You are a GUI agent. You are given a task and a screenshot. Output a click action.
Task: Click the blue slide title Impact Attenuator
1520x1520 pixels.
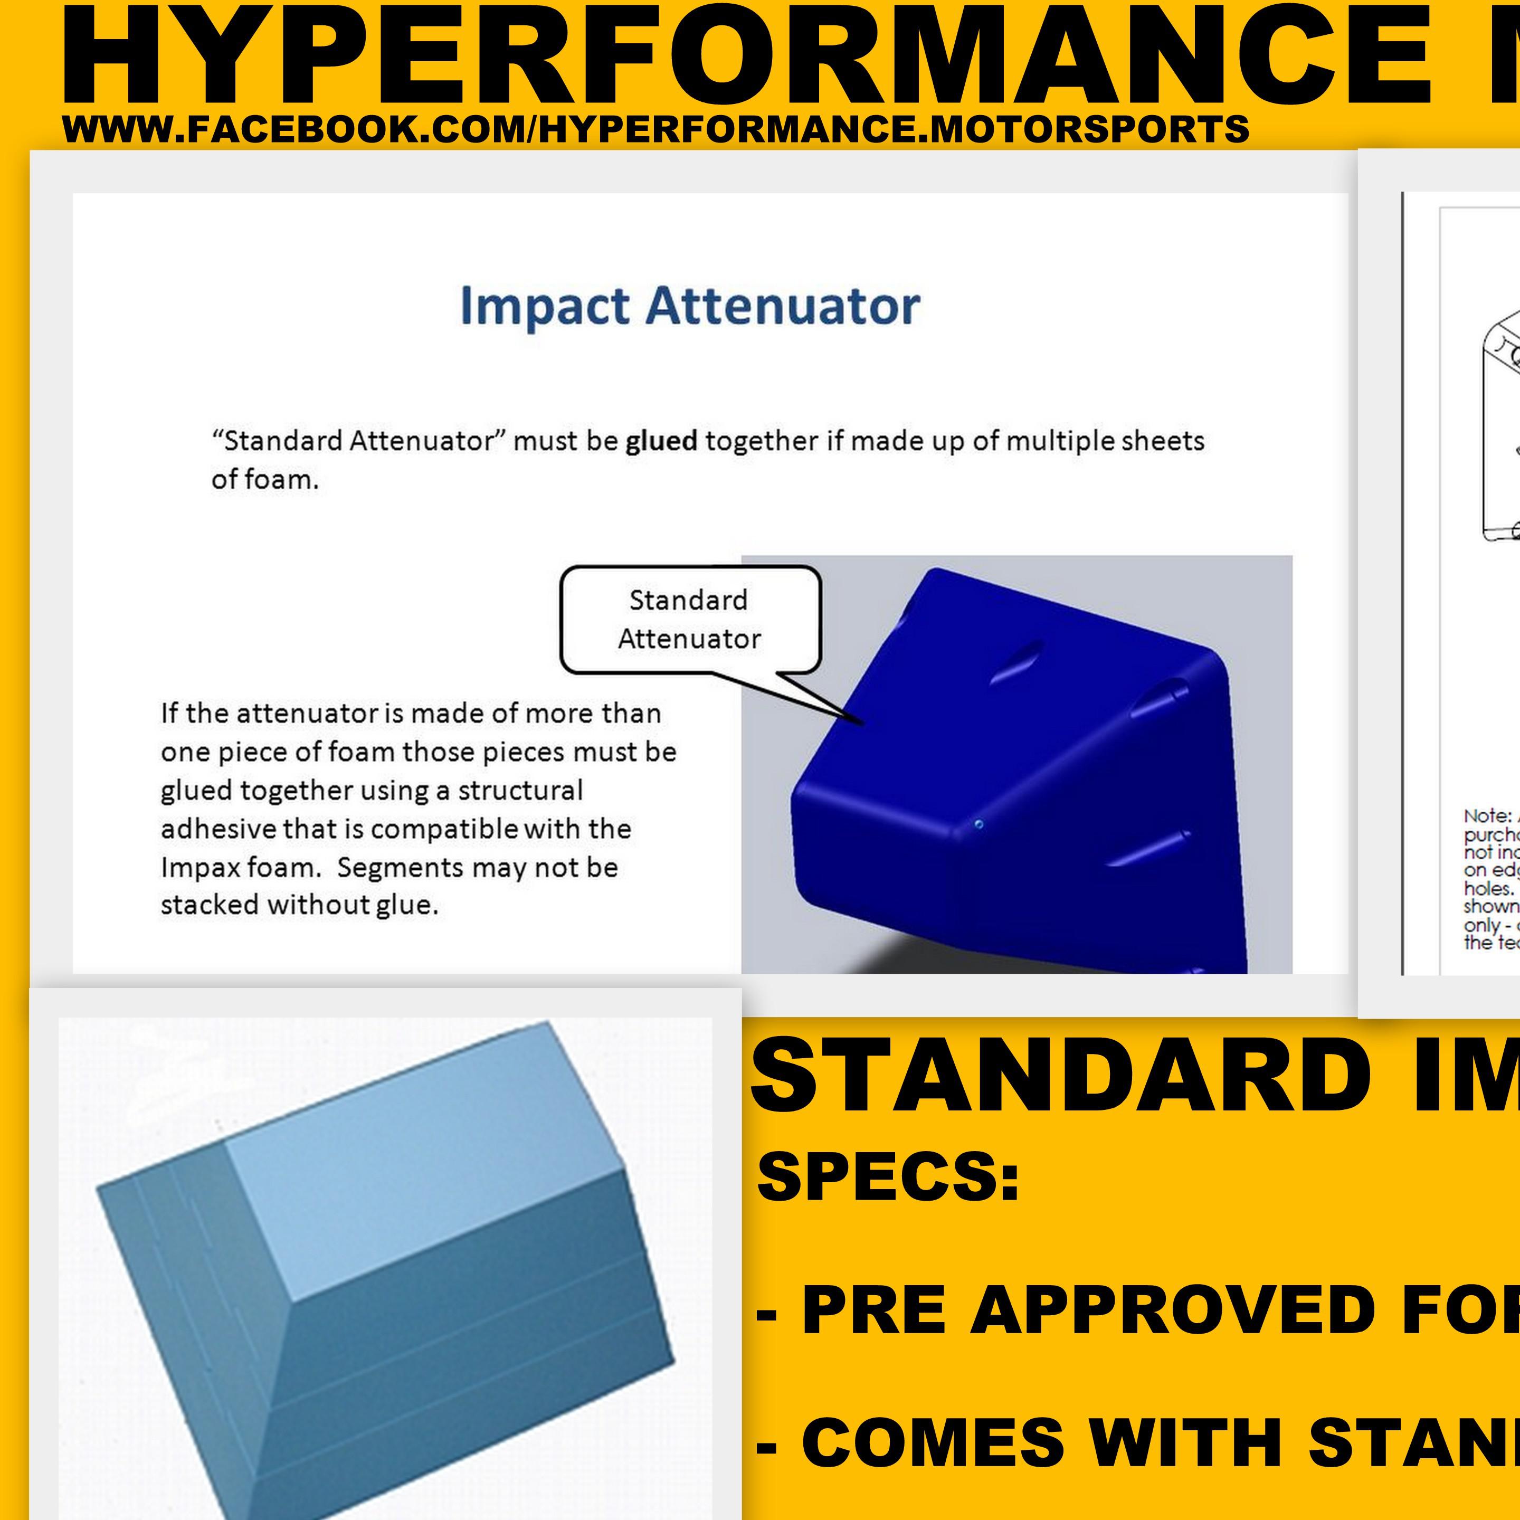[x=689, y=306]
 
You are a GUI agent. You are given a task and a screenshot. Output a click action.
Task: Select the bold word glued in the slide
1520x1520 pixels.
[x=661, y=441]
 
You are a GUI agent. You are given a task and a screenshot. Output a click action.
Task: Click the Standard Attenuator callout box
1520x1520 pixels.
[x=689, y=619]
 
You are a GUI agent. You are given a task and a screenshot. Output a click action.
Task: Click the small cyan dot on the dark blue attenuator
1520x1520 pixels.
[x=978, y=824]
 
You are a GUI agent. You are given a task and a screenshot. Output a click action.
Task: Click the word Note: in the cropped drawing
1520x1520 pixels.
[x=1487, y=816]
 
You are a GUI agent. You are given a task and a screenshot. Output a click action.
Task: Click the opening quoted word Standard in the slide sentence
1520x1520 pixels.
[x=279, y=441]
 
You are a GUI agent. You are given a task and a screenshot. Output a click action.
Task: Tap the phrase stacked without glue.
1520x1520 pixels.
[x=299, y=906]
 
